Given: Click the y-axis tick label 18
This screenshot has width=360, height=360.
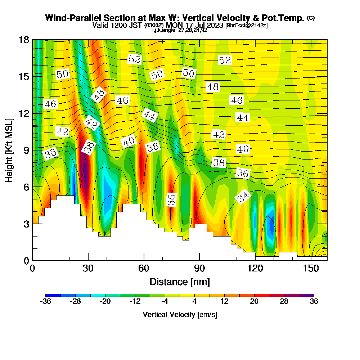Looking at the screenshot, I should click(x=23, y=40).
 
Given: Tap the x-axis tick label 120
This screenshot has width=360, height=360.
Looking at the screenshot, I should click(x=255, y=269).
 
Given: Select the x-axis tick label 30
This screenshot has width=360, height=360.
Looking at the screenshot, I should click(x=88, y=269).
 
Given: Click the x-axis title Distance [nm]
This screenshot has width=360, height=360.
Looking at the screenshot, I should click(x=180, y=282).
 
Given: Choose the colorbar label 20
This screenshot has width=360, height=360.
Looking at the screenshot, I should click(x=254, y=302).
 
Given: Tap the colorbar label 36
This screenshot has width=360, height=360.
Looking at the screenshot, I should click(x=314, y=302).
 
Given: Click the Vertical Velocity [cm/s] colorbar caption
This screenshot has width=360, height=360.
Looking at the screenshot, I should click(x=180, y=315).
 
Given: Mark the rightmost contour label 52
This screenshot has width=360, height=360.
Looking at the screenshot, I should click(x=225, y=60).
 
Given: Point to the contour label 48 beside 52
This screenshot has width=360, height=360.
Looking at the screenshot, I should click(x=212, y=87).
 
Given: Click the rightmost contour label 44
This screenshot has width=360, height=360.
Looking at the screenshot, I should click(x=243, y=118).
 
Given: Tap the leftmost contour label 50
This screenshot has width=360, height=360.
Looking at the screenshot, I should click(x=62, y=75).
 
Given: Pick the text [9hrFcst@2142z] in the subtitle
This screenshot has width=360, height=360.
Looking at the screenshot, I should click(x=246, y=26).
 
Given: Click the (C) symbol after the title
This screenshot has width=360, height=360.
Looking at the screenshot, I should click(x=310, y=18).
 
